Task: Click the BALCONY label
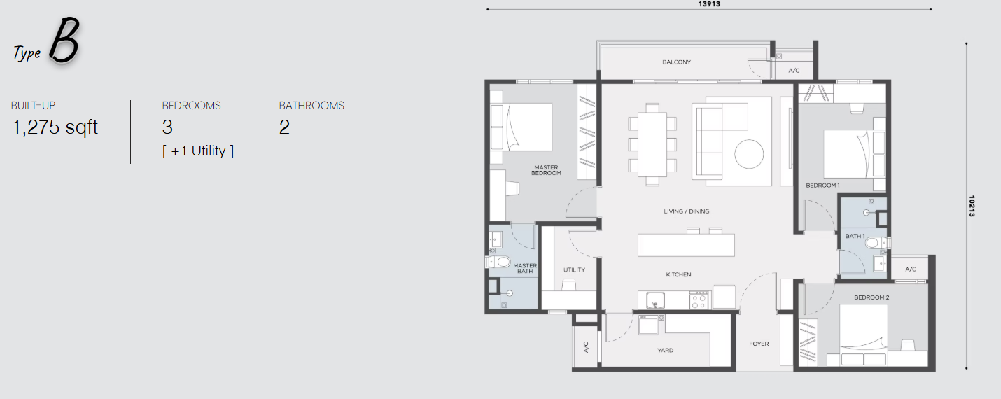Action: pos(676,62)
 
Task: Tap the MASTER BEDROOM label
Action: pos(546,170)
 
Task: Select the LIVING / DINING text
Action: pos(687,211)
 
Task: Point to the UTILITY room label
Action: pos(574,270)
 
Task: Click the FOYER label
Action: pos(759,344)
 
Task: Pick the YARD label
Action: pos(666,350)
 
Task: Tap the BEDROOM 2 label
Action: pos(871,297)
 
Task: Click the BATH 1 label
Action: pos(855,236)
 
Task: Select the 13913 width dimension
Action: pos(709,4)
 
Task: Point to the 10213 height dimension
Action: pos(972,206)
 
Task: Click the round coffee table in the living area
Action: pos(749,154)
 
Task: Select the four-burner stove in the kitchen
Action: pos(699,300)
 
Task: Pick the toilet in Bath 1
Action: pos(878,243)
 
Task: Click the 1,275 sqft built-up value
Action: pos(55,128)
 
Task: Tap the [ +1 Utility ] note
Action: pos(198,151)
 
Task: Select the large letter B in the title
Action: pos(64,39)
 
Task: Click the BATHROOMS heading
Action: pos(311,106)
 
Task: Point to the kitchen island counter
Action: pos(686,245)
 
